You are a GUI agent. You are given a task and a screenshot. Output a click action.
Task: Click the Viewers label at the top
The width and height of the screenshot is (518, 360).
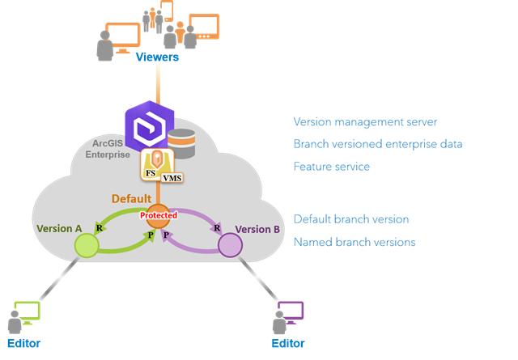click(x=157, y=57)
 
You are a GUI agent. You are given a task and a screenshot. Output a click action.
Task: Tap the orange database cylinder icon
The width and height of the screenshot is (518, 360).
click(x=181, y=143)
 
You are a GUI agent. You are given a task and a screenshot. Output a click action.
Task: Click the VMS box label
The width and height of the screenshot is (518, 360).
click(x=172, y=178)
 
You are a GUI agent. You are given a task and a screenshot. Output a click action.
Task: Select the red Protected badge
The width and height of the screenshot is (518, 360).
click(x=158, y=216)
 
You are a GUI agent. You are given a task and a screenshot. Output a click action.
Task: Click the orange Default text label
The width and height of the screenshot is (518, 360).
click(x=132, y=197)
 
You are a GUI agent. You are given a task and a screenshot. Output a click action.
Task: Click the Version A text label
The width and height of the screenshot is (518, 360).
click(x=60, y=229)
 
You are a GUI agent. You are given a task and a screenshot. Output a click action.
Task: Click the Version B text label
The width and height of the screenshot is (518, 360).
click(x=257, y=229)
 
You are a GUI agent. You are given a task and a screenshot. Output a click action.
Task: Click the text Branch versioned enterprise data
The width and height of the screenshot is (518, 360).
click(x=377, y=144)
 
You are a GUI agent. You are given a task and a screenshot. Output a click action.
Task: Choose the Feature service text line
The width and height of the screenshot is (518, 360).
click(x=331, y=166)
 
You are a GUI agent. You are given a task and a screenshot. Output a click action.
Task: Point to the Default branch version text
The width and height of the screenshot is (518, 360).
click(x=350, y=219)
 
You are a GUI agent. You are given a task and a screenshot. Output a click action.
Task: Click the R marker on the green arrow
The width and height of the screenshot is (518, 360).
click(x=99, y=229)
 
